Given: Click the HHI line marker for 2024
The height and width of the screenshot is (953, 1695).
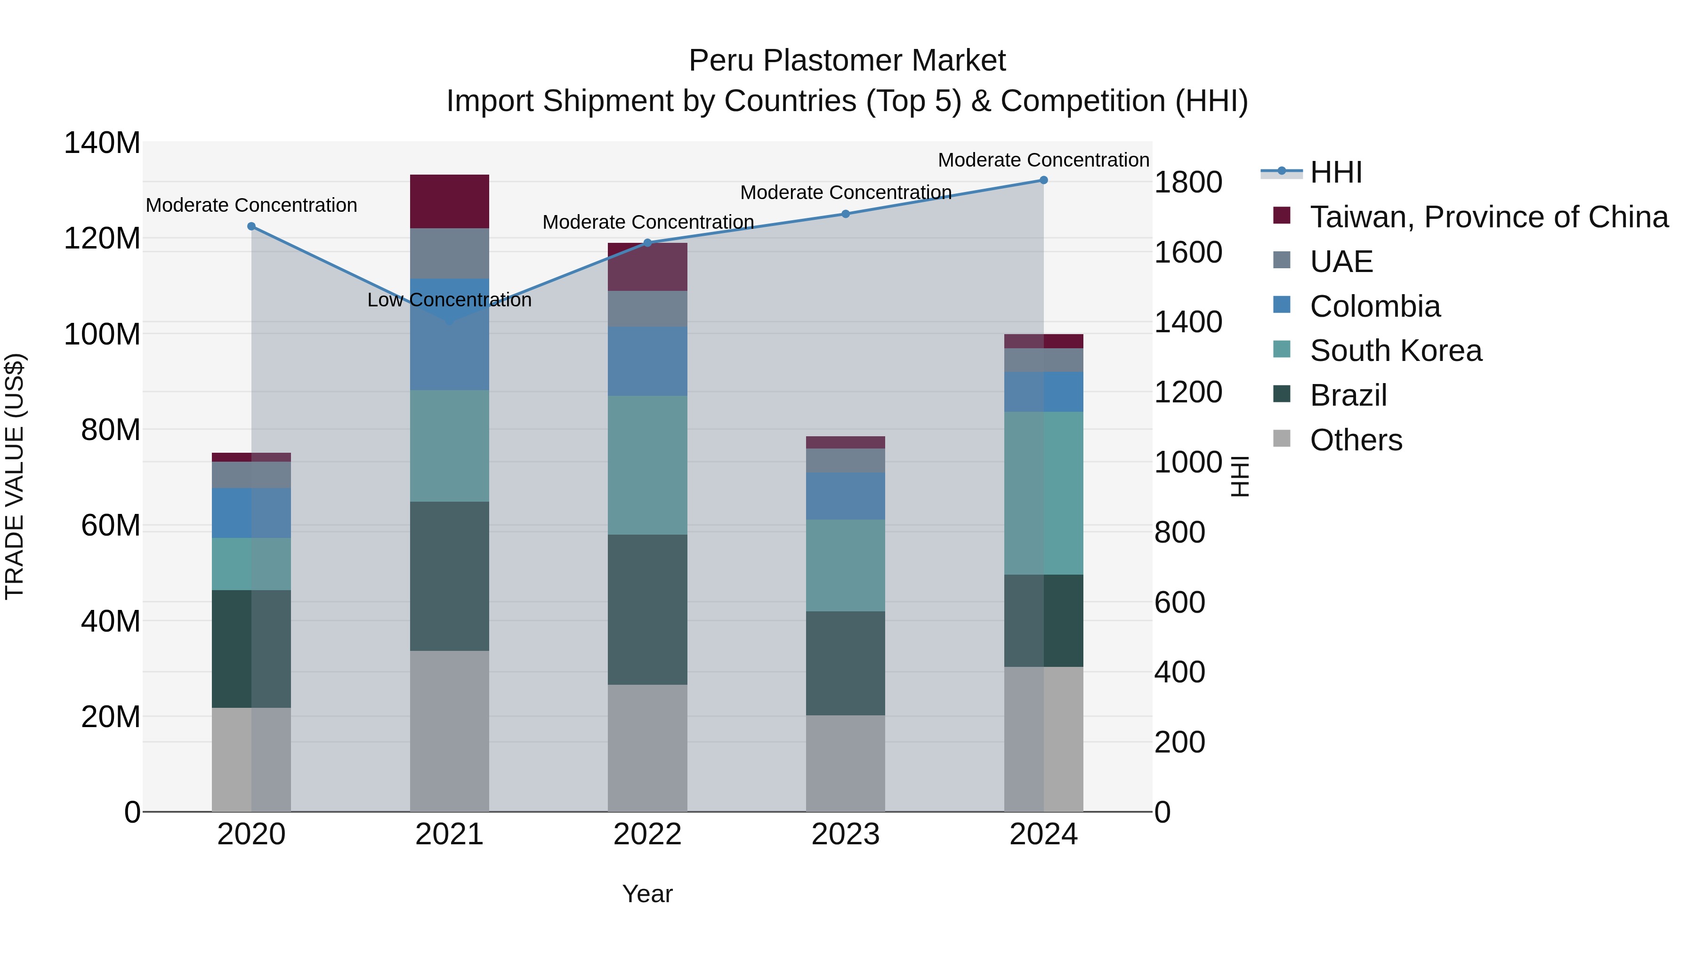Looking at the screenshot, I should coord(1043,180).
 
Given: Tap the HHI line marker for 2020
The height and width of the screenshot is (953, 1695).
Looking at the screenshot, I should coord(251,226).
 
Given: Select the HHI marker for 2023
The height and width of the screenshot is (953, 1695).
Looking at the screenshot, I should coord(846,214).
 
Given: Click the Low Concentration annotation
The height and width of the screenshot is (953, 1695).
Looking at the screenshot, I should coord(450,300).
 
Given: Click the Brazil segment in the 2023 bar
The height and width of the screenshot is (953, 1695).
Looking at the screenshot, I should coord(846,663).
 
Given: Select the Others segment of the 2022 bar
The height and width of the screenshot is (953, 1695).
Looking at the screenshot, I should coord(647,748).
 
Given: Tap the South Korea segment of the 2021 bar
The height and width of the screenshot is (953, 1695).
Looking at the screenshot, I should coord(450,446).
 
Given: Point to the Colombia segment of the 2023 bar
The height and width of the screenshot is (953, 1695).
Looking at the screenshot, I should coord(846,496).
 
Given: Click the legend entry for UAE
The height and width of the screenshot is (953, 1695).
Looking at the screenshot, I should coord(1341,262).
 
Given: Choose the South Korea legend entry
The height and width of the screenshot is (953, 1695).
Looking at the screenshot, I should coord(1396,351).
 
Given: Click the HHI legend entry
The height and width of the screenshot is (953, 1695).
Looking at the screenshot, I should coord(1336,172).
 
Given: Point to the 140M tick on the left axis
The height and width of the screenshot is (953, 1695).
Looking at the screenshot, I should coord(102,143).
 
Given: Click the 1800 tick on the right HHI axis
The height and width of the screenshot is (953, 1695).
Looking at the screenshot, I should coord(1188,182).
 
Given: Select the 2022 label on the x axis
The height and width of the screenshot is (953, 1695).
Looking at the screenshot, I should coord(647,834).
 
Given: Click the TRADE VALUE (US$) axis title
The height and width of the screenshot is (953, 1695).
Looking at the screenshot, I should coord(15,476).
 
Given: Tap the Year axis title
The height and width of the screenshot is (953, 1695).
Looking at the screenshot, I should coord(647,894).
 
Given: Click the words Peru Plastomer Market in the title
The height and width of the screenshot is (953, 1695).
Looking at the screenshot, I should coord(847,61).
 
